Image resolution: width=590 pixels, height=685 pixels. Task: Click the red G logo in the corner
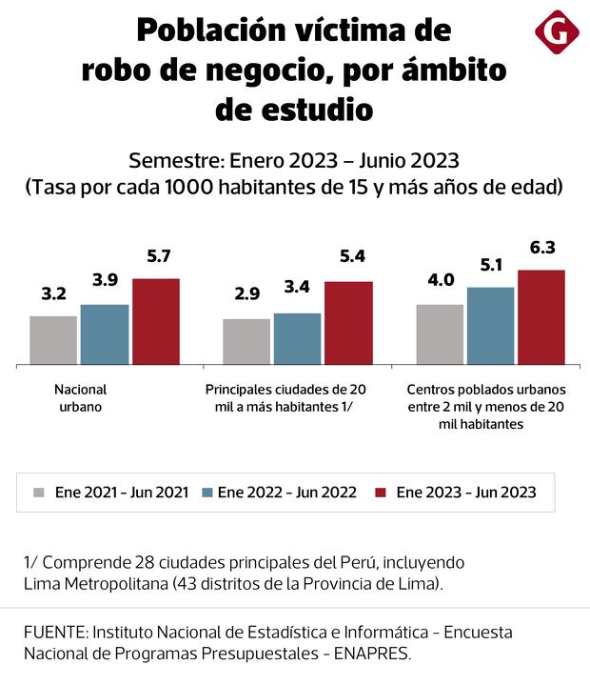[x=556, y=32]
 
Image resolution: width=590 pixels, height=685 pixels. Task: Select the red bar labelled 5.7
[x=156, y=321]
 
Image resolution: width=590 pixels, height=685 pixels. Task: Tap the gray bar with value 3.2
[x=53, y=340]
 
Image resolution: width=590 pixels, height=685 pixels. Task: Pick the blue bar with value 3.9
[x=105, y=334]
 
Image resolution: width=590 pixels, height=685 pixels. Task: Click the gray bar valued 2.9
[x=246, y=341]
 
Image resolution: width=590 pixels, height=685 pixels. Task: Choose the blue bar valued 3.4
[x=298, y=338]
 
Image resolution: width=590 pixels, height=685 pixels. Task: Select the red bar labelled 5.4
[x=349, y=323]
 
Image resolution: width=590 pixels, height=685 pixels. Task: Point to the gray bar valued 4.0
[x=440, y=334]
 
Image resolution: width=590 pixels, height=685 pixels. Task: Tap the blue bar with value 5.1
[x=491, y=326]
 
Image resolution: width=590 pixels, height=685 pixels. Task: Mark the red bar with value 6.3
[x=541, y=317]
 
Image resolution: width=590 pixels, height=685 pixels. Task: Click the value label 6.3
[x=541, y=250]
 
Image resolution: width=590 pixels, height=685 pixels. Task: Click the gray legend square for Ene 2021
[x=39, y=493]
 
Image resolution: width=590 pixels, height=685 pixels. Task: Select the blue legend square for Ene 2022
[x=207, y=493]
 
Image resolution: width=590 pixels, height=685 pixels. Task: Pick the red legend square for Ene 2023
[x=383, y=493]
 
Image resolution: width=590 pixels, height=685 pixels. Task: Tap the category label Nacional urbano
[x=80, y=397]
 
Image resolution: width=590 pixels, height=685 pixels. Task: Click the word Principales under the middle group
[x=239, y=390]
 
